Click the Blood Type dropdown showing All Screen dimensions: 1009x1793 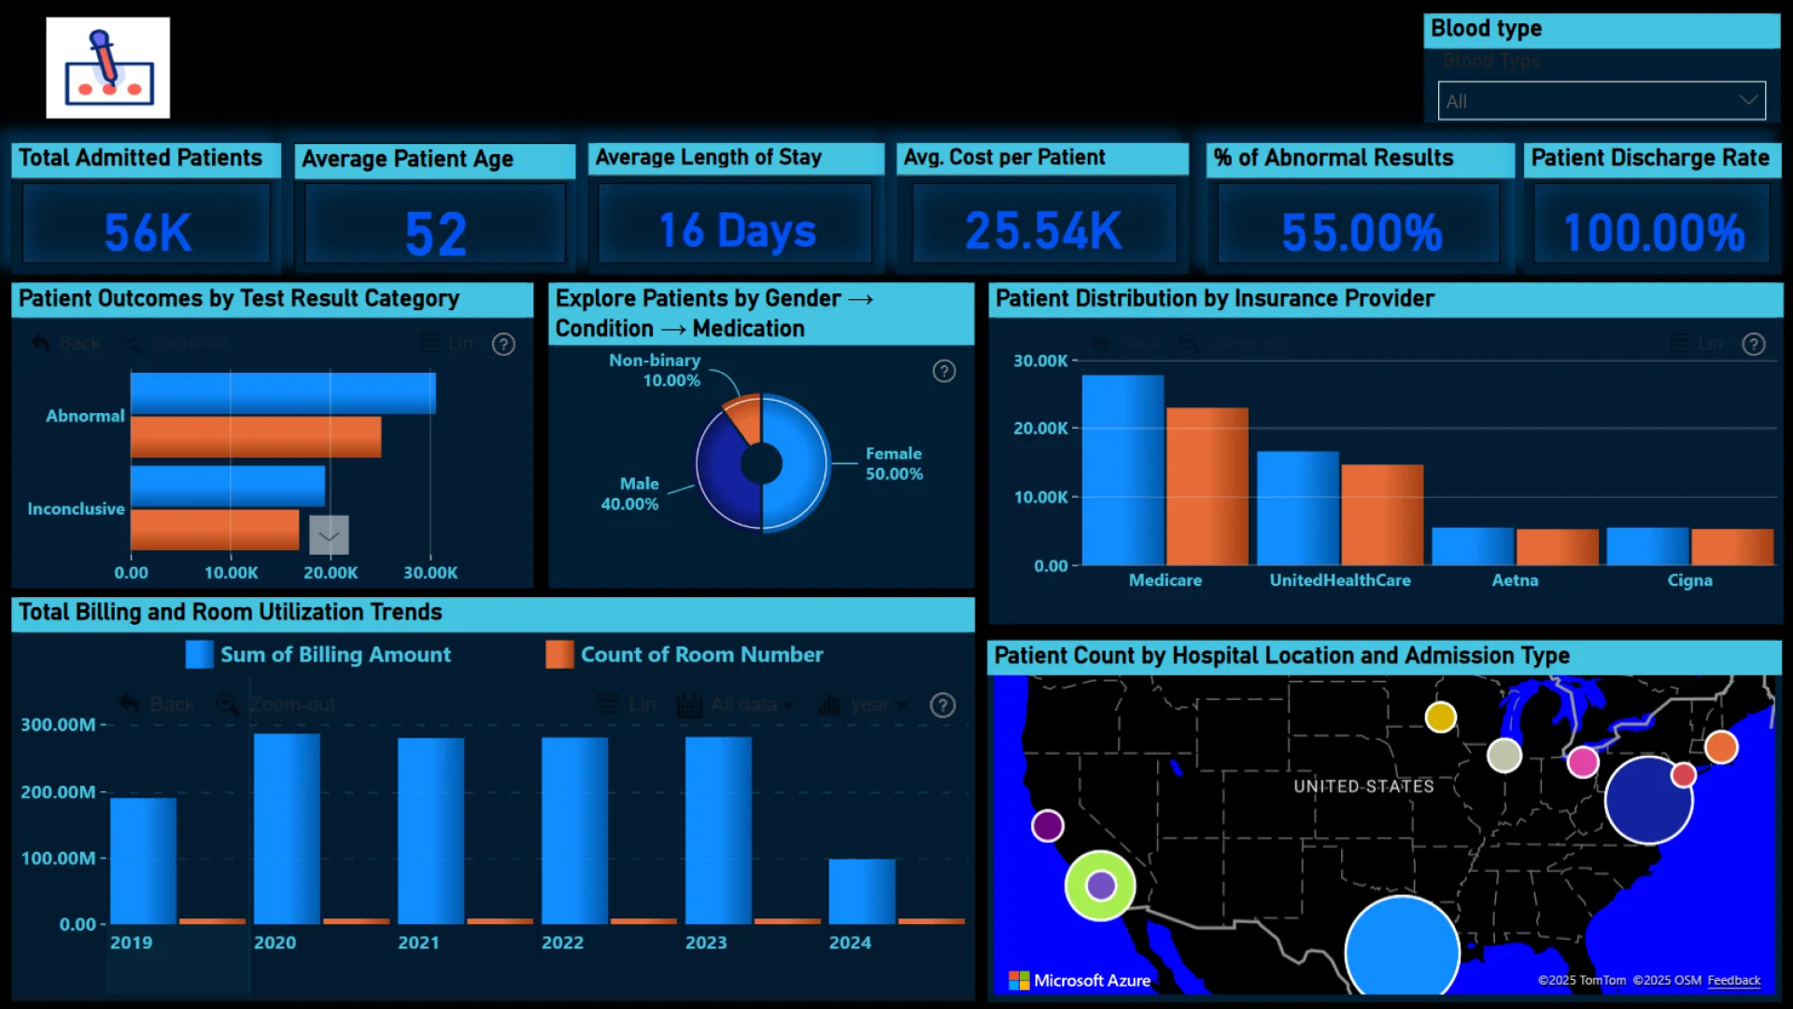pos(1601,101)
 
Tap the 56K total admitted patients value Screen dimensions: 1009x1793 pos(148,233)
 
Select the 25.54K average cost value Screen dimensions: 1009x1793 pos(1043,231)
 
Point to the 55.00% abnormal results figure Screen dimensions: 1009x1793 pos(1362,233)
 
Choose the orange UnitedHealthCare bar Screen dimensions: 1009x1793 pos(1382,514)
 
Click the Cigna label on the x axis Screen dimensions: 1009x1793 pos(1689,580)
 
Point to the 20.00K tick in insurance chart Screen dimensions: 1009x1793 pos(1040,428)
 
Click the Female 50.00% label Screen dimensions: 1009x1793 pos(894,463)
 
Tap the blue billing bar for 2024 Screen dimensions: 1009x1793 pos(861,891)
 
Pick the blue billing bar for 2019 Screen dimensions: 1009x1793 pos(143,860)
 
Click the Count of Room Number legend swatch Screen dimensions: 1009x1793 pos(559,654)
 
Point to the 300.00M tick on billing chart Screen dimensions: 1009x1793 pos(58,724)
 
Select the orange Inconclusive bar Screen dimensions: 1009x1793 pos(215,530)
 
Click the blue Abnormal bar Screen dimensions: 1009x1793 pos(283,392)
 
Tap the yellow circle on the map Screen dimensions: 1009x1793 pos(1440,717)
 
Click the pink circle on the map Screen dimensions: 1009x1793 pos(1582,762)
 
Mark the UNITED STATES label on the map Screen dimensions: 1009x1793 pos(1363,787)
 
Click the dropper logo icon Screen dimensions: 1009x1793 pos(108,67)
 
